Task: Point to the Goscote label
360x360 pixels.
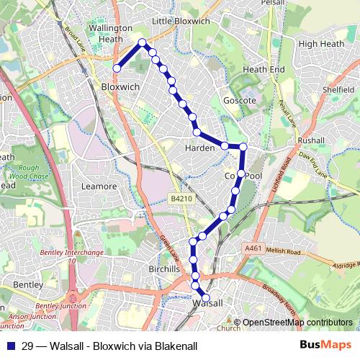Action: tap(240, 101)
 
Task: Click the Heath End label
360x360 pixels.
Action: tap(264, 69)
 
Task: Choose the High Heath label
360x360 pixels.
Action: tap(318, 44)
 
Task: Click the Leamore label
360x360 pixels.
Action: tap(99, 186)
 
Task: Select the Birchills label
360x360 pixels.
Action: tap(162, 269)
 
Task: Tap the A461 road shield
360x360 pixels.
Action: tap(253, 248)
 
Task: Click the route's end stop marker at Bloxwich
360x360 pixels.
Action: tap(117, 68)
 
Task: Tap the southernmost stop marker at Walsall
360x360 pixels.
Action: tap(206, 297)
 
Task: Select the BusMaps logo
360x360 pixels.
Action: tap(320, 346)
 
